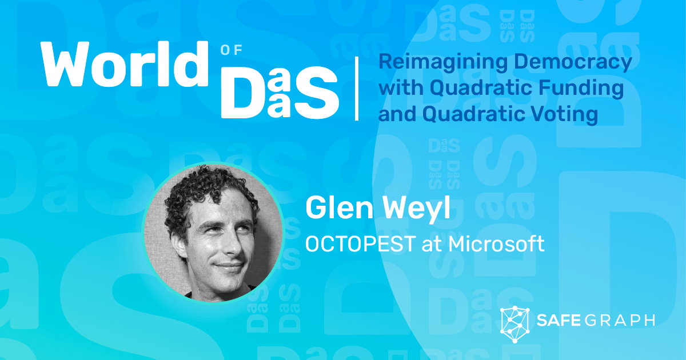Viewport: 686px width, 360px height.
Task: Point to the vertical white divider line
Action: click(x=357, y=88)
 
